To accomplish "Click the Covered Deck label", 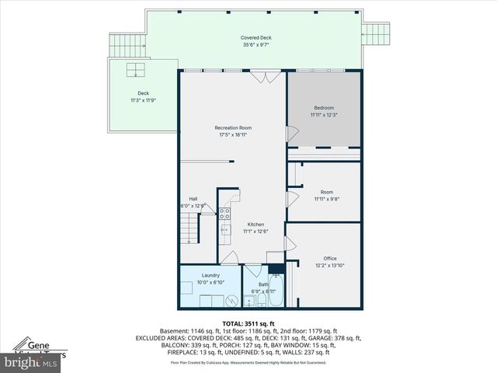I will [255, 37].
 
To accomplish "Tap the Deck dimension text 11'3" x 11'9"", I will [142, 100].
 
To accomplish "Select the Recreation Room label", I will [233, 127].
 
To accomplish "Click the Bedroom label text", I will [324, 107].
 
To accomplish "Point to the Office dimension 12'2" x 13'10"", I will [330, 266].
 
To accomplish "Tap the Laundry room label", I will [210, 275].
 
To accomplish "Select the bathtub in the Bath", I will [276, 296].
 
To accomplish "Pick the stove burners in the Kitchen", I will [224, 212].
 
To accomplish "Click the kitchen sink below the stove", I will [224, 228].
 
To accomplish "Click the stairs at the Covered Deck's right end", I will [375, 32].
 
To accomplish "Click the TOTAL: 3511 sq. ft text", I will [248, 323].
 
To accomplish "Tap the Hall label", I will [193, 199].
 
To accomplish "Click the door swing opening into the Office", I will [290, 244].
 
